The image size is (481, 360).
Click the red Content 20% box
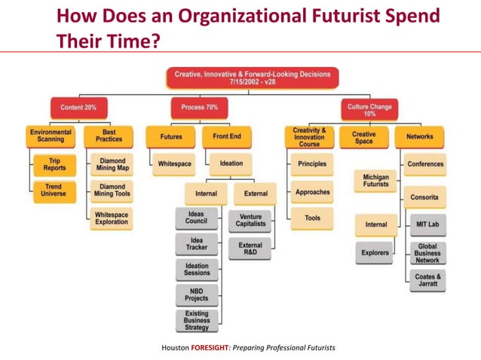[x=78, y=108]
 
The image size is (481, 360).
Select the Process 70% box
[x=199, y=108]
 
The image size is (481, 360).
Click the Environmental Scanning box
[x=51, y=137]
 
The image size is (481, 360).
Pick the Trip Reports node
[x=55, y=163]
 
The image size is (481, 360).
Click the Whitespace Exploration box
[x=112, y=218]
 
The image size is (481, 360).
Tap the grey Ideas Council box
[x=196, y=218]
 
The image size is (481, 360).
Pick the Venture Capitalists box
[x=250, y=219]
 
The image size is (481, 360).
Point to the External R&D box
[x=250, y=249]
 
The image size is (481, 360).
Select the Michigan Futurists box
[x=375, y=180]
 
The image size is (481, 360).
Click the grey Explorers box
[x=375, y=253]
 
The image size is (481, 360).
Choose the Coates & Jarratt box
[x=427, y=281]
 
